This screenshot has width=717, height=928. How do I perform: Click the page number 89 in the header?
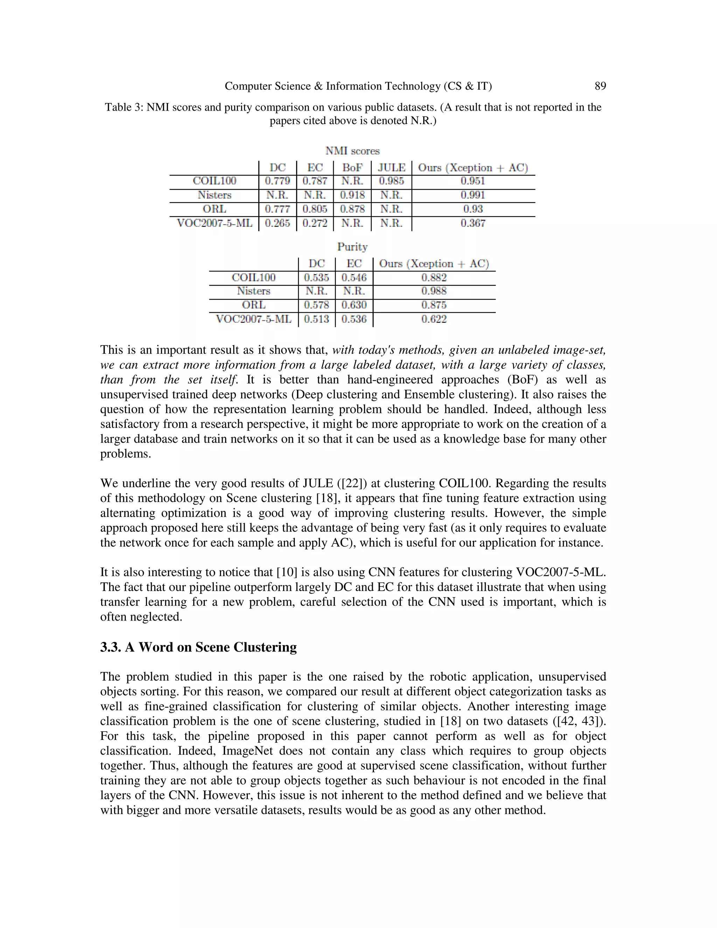(600, 86)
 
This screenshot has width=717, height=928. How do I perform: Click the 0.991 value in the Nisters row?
(473, 195)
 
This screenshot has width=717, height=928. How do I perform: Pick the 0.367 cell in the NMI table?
(473, 223)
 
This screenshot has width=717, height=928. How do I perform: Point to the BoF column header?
(352, 167)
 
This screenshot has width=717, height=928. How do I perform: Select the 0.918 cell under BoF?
(352, 195)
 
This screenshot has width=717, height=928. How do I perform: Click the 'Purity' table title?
(352, 247)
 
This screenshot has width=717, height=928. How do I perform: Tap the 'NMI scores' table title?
(352, 151)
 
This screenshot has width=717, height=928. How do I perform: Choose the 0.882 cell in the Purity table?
(434, 277)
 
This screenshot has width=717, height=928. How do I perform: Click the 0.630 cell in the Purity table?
(354, 305)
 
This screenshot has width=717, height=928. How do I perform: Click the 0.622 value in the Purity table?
(434, 319)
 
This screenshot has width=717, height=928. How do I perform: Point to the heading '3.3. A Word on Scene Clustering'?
(199, 647)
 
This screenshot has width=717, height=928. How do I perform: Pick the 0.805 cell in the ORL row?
(315, 209)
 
